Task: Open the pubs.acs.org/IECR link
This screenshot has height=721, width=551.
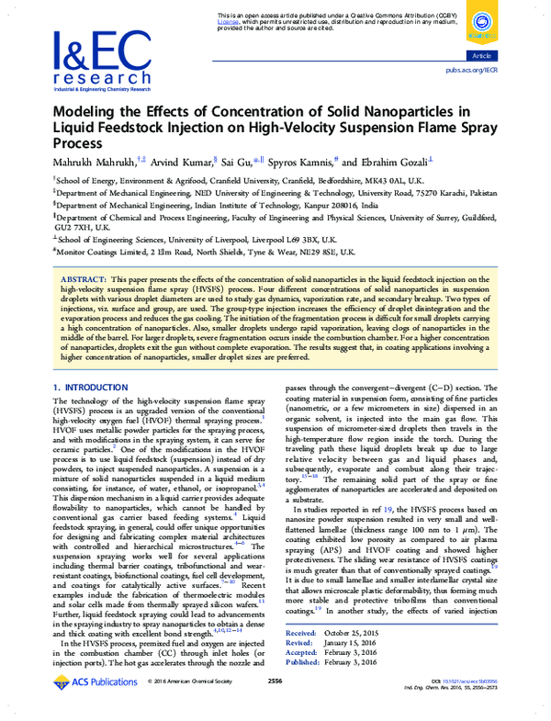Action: [x=470, y=69]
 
